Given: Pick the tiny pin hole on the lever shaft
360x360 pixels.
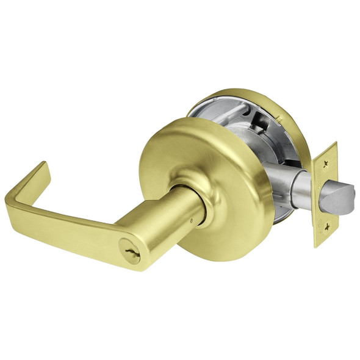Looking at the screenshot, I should pyautogui.click(x=193, y=218).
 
